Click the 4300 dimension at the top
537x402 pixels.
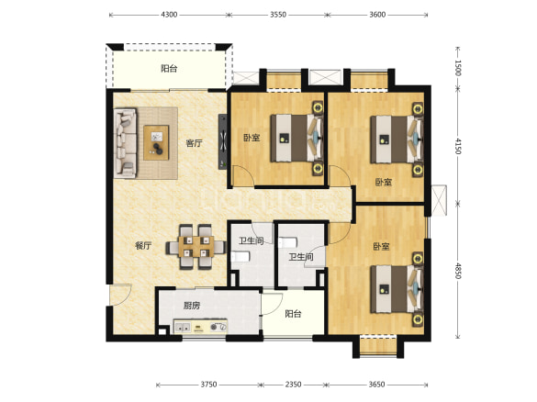click(x=169, y=15)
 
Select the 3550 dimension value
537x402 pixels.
click(x=278, y=15)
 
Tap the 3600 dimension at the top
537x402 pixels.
click(x=377, y=15)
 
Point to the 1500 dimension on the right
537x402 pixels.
click(x=458, y=68)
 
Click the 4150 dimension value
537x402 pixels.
click(x=458, y=146)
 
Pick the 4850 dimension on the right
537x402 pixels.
click(x=458, y=271)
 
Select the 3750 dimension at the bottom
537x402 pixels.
click(x=208, y=385)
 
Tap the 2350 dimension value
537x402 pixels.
click(x=293, y=385)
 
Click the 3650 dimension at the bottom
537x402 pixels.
click(x=376, y=385)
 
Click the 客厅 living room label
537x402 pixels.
click(x=195, y=143)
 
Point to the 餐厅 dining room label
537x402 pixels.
click(x=143, y=246)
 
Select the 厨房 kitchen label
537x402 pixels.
click(x=192, y=306)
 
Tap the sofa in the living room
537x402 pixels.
click(x=125, y=143)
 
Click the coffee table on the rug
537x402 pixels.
click(x=156, y=143)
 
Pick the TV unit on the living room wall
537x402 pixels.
click(x=223, y=141)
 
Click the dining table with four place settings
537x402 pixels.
click(x=196, y=247)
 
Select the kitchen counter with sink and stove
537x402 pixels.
click(x=200, y=327)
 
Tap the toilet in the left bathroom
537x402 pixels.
click(x=241, y=256)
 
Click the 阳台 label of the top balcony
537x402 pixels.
click(x=169, y=69)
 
